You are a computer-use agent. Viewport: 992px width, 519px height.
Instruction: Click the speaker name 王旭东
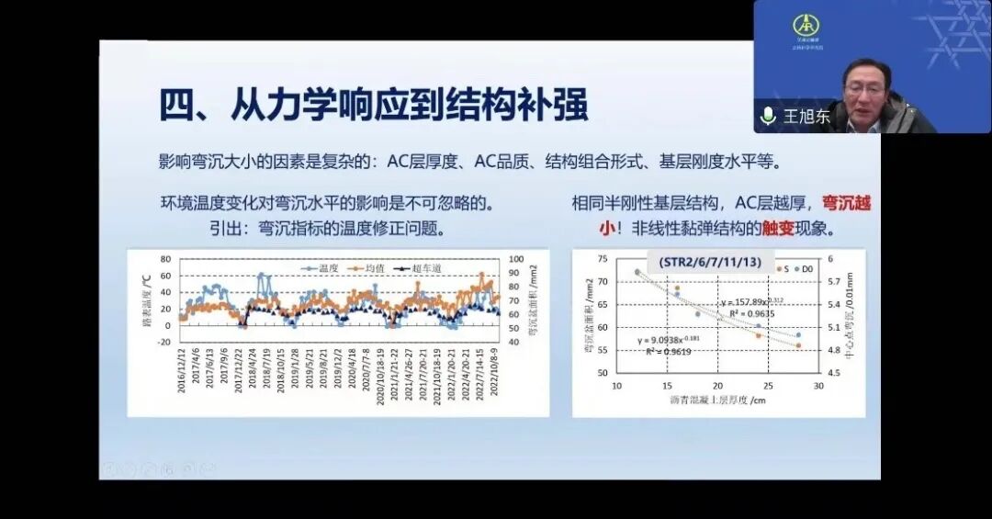(x=806, y=118)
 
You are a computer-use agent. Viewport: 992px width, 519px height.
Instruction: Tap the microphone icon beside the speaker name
(x=768, y=117)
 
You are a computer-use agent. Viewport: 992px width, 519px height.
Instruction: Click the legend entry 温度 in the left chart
(x=324, y=268)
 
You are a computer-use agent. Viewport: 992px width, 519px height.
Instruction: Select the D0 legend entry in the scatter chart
(x=805, y=268)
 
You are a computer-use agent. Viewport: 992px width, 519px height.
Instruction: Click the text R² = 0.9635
(x=740, y=313)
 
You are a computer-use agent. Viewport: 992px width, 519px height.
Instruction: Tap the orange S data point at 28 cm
(x=798, y=345)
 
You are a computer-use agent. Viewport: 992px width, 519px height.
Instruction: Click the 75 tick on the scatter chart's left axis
(x=603, y=259)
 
